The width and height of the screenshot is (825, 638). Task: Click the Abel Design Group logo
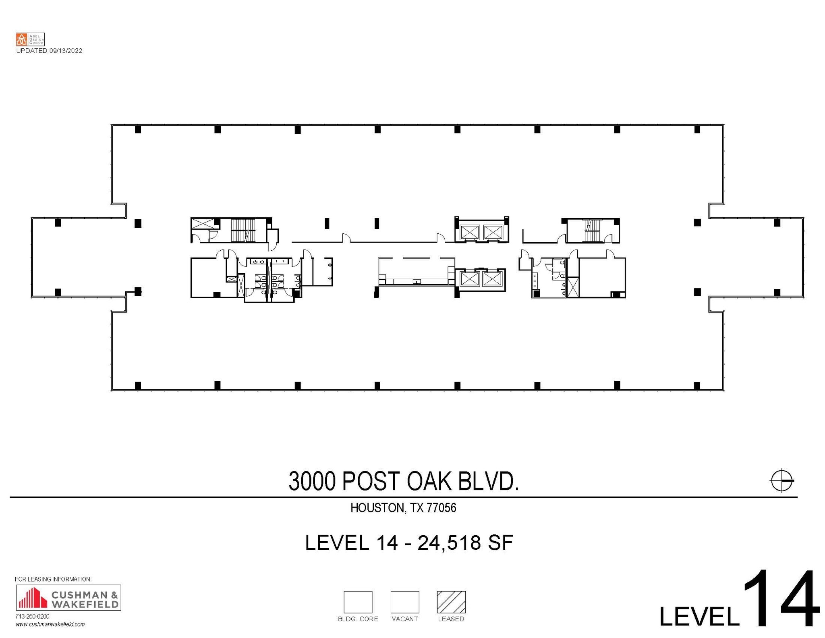(30, 39)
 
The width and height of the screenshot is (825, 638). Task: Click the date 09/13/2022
(66, 51)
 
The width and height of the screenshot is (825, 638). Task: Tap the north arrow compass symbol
(781, 480)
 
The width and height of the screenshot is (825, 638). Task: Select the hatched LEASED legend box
(451, 602)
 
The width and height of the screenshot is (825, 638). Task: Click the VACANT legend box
(404, 602)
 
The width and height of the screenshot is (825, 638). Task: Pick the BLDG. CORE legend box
(358, 602)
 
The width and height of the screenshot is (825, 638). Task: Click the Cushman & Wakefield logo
(68, 597)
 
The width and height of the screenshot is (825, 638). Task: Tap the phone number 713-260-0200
(32, 616)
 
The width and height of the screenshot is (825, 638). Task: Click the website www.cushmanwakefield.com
(50, 624)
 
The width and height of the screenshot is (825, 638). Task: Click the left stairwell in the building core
(243, 230)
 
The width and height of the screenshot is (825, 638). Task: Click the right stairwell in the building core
(591, 231)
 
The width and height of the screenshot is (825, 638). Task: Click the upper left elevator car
(469, 232)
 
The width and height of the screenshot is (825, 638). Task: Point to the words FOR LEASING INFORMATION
(53, 579)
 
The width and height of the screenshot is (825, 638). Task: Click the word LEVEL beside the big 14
(699, 616)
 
